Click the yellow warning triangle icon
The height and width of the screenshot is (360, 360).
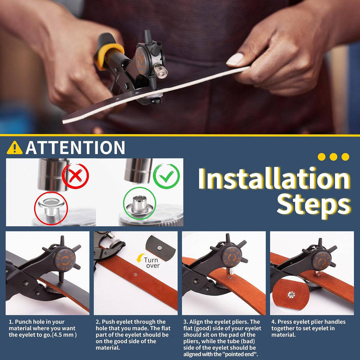tap(15, 148)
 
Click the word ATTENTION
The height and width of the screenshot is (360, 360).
tap(75, 147)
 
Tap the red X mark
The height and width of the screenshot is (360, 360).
tap(76, 176)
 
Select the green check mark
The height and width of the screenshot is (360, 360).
tap(166, 176)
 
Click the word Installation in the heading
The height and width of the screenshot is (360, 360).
tap(274, 179)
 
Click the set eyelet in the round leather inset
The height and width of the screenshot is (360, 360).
tap(291, 295)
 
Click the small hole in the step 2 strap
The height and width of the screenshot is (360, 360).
tap(136, 274)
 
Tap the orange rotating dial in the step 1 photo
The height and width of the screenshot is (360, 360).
tap(65, 260)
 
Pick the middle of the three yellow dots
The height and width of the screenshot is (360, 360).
tap(333, 157)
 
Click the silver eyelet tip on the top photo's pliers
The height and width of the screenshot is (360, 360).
tap(160, 71)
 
